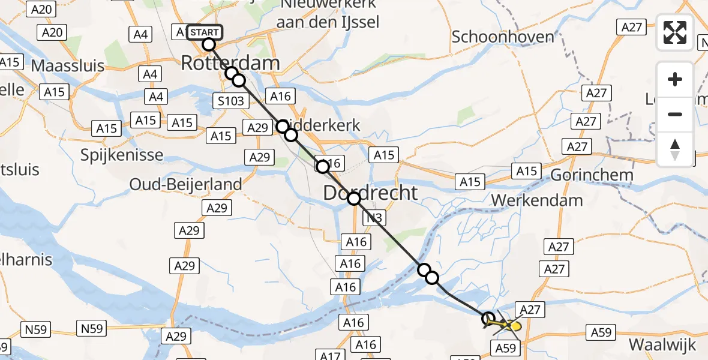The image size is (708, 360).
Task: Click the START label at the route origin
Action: tap(205, 32)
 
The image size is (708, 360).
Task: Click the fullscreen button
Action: tap(675, 32)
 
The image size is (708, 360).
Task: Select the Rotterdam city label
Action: tap(230, 63)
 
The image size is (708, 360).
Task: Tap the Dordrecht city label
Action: tap(370, 193)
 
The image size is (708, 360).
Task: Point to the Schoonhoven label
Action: tap(494, 37)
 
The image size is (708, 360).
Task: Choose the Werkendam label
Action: tap(537, 200)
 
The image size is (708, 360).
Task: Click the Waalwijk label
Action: tap(662, 345)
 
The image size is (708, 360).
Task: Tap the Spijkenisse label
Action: tap(122, 155)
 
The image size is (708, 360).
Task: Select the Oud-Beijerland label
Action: tap(186, 184)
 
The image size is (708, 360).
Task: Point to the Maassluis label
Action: tap(68, 65)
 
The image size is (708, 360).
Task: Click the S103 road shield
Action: tap(231, 100)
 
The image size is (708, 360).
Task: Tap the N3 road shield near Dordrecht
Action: tap(373, 218)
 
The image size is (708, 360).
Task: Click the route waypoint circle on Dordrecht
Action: tap(354, 199)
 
